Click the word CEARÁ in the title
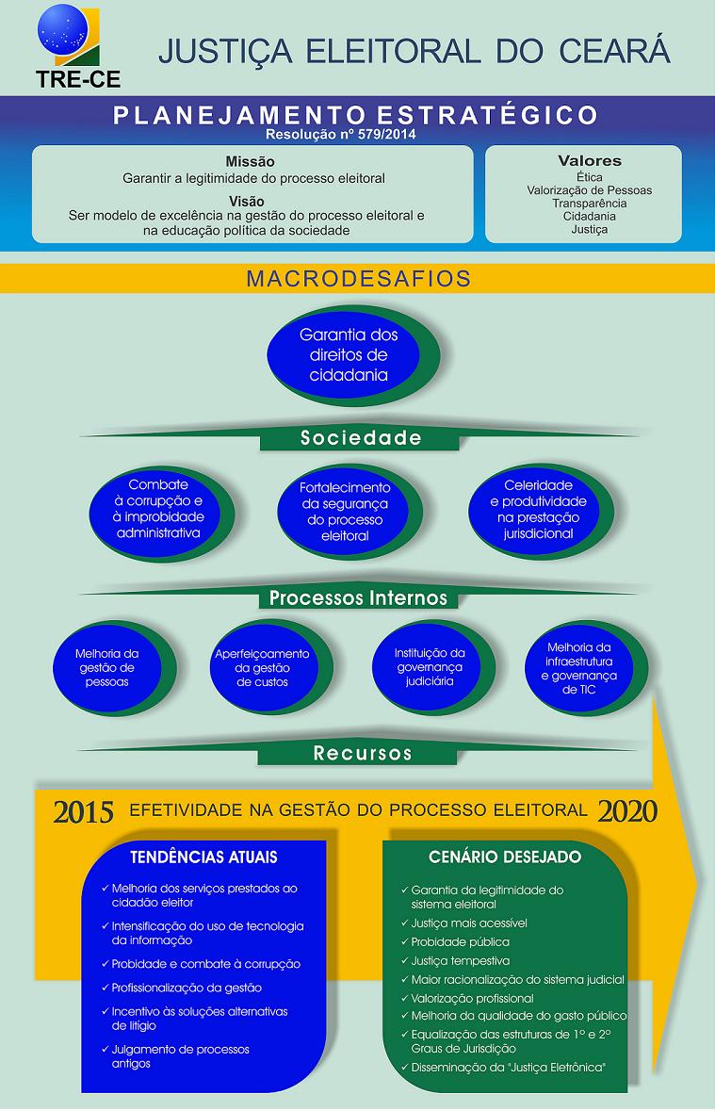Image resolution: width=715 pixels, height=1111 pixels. coord(617,51)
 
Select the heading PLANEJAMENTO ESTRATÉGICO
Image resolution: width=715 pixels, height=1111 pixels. coord(355,116)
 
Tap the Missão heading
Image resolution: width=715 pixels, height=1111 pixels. coord(250,162)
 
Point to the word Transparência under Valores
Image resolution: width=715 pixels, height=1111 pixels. coord(589,203)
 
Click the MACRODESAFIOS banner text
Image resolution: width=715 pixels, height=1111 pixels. coord(358,279)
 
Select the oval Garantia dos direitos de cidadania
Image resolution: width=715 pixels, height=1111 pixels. coord(348,354)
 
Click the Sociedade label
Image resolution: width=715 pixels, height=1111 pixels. coord(360,438)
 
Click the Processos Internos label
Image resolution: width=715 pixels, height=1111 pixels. coord(358,597)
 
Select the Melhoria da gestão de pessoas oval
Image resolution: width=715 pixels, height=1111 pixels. coord(106,667)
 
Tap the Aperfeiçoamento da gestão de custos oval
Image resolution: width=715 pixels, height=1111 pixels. coord(261,667)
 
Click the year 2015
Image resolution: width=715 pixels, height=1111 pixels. coord(83,811)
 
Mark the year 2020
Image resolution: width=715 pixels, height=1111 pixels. coord(627,810)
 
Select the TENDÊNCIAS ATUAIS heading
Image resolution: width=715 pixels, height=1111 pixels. coord(203,858)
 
